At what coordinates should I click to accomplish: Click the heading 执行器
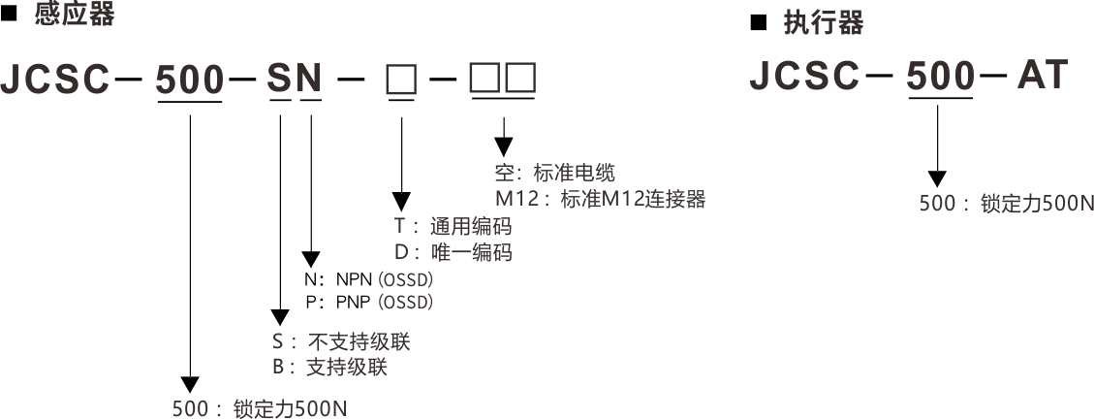pos(823,22)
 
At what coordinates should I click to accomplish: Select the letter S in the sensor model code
pos(279,81)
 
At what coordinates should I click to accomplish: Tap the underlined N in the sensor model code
pos(310,81)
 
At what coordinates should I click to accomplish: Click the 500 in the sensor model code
pos(190,81)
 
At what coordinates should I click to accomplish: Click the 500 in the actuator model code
pos(940,76)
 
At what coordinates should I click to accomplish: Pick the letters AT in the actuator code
pos(1042,76)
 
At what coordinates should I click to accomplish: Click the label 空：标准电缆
pos(554,175)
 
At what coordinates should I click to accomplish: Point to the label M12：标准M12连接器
pos(600,200)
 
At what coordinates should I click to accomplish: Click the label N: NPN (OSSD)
pos(368,279)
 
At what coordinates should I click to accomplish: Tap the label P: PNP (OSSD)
pos(368,303)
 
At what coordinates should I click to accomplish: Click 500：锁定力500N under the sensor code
pos(259,408)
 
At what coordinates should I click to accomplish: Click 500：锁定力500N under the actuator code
pos(1007,205)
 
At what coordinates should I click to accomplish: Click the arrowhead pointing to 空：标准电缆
pos(503,146)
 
